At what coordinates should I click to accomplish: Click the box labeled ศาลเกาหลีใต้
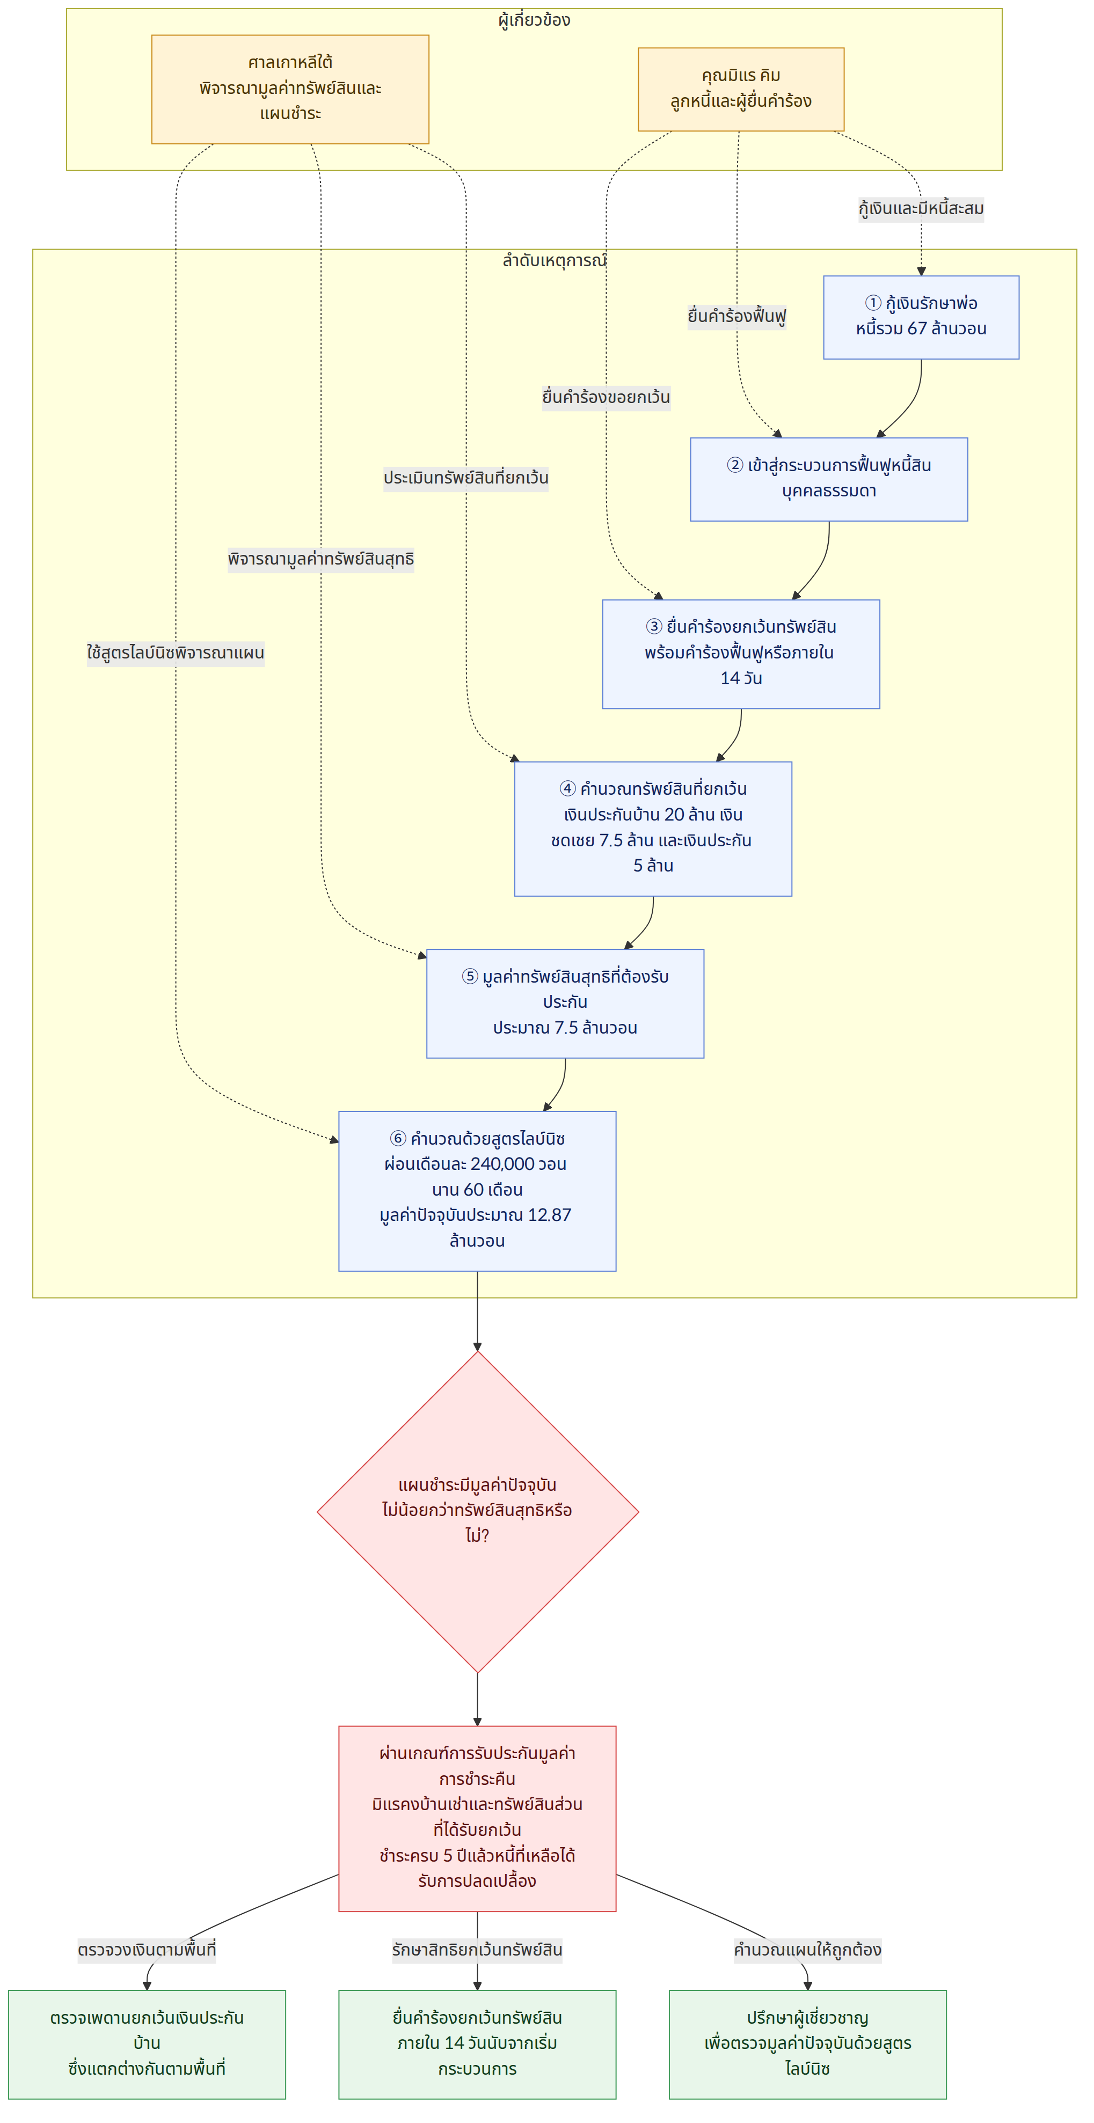290,89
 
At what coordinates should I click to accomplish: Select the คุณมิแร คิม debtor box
740,89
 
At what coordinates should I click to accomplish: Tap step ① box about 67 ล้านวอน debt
921,317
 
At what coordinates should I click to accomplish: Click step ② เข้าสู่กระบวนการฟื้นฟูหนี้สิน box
828,479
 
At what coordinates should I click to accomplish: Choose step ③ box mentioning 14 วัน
740,654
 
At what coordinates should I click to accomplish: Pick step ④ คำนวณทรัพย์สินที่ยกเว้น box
653,828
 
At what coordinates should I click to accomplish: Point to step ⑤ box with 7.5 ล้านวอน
565,1003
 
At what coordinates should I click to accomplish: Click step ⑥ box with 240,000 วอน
477,1191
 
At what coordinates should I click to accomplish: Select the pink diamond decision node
477,1511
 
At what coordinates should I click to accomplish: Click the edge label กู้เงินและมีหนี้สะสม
921,209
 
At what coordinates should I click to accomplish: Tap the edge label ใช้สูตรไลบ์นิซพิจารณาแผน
176,653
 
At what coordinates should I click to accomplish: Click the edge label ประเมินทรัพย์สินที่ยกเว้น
466,478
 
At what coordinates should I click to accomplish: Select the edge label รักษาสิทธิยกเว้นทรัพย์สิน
477,1949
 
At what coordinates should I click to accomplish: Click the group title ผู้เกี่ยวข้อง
534,20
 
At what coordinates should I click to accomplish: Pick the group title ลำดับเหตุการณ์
554,260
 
